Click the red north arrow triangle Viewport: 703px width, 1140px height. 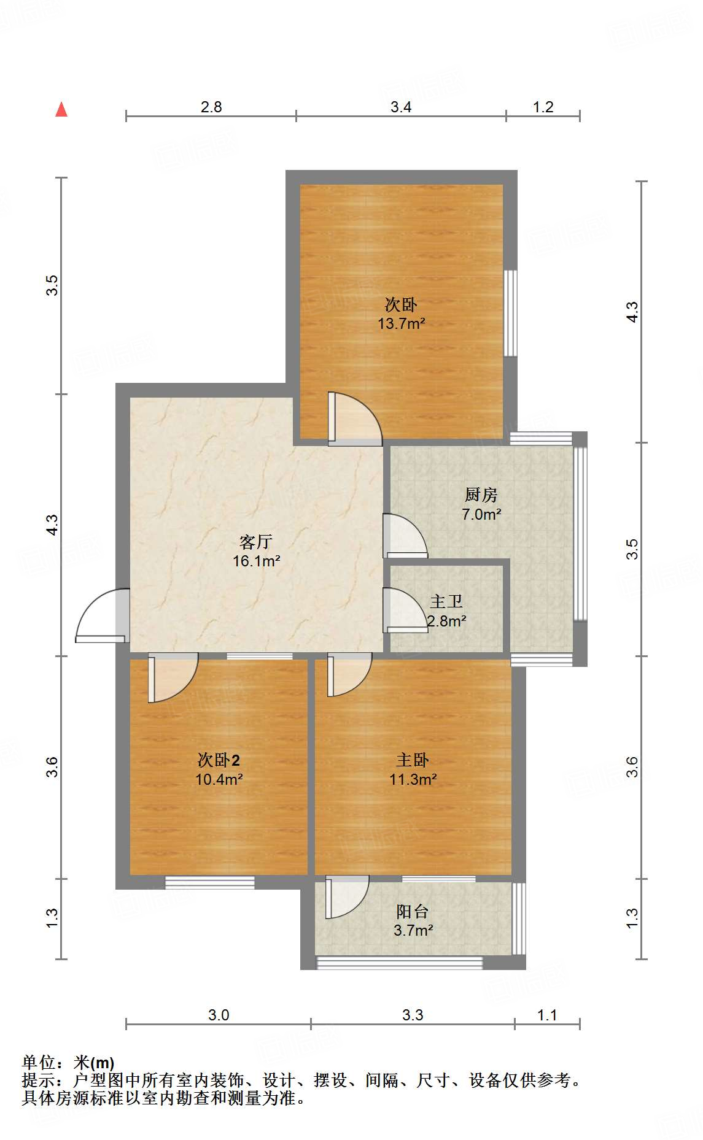(61, 109)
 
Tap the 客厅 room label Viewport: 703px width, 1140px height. (256, 542)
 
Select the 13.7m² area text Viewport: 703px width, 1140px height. (401, 323)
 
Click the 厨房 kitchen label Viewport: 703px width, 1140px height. (481, 495)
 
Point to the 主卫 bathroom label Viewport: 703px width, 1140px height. (446, 601)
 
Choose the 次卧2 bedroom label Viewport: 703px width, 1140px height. (219, 760)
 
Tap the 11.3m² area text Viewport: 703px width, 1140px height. (413, 779)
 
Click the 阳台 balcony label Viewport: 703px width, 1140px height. (412, 911)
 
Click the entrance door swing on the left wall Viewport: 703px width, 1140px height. (101, 617)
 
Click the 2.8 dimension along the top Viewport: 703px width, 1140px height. (211, 107)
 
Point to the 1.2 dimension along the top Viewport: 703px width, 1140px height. (543, 107)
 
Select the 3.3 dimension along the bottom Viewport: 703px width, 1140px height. (413, 1015)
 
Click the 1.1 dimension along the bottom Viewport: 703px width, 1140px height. (546, 1015)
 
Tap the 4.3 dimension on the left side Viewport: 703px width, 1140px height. (53, 525)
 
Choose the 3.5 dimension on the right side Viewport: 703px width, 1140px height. (632, 549)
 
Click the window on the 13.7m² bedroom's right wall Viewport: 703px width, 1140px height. (510, 313)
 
